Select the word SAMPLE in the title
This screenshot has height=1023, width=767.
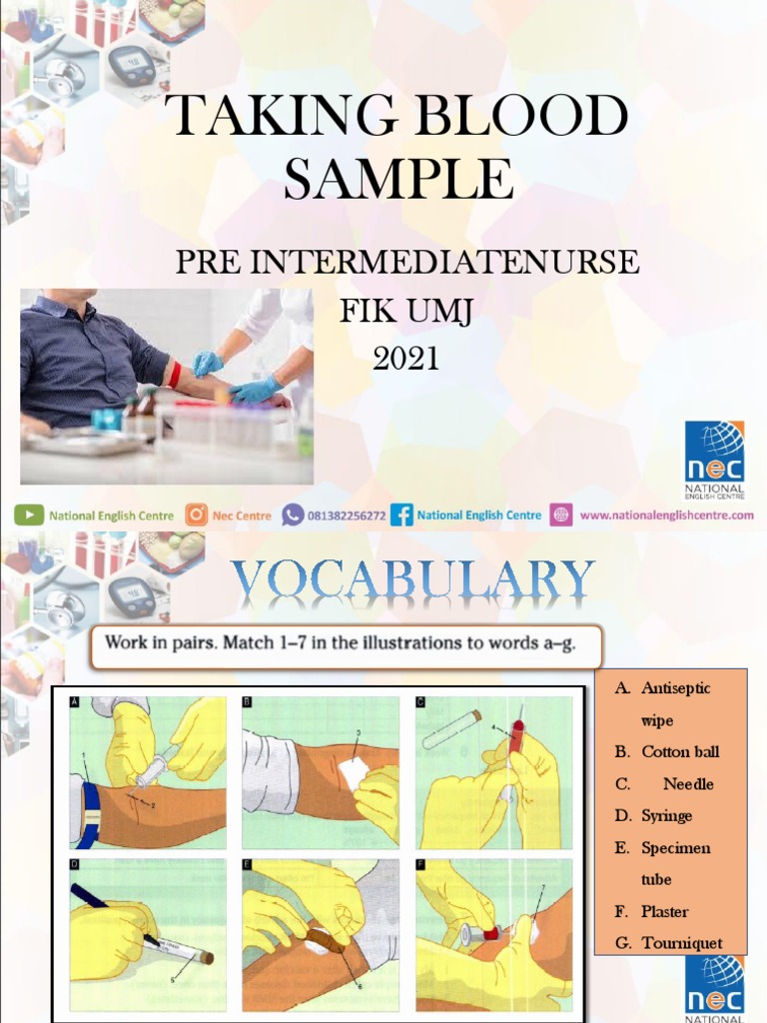398,180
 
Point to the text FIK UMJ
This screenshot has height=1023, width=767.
405,312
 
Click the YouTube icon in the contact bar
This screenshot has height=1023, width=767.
28,515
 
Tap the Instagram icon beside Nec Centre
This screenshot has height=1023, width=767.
196,515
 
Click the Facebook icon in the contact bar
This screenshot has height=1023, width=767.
402,515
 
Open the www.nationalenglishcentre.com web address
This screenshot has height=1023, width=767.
666,515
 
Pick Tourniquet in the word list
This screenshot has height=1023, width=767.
681,943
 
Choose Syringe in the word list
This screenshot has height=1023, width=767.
666,815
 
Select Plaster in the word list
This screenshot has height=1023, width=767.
664,911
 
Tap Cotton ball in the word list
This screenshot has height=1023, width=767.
679,751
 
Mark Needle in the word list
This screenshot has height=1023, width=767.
688,783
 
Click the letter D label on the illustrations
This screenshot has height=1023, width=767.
75,864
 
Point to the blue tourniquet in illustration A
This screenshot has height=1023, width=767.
91,813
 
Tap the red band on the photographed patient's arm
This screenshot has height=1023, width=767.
174,376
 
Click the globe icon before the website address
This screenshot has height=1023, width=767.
561,515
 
